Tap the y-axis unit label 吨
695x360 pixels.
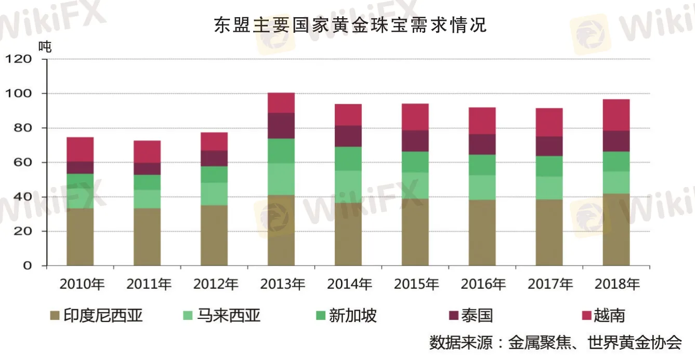pyautogui.click(x=45, y=46)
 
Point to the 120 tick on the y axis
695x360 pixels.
pyautogui.click(x=24, y=59)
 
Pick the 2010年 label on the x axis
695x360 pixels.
pyautogui.click(x=82, y=284)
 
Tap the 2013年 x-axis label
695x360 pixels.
pyautogui.click(x=283, y=284)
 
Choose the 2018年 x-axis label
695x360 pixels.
pyautogui.click(x=617, y=284)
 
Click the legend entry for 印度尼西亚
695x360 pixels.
pyautogui.click(x=97, y=315)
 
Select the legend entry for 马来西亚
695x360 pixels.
pyautogui.click(x=222, y=315)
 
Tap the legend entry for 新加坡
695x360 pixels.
pyautogui.click(x=346, y=315)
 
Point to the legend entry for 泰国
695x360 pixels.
pyautogui.click(x=470, y=315)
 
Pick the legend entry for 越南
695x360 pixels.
pyautogui.click(x=603, y=315)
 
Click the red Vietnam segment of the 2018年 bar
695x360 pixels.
pyautogui.click(x=616, y=115)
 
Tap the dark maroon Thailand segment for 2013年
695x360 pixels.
pyautogui.click(x=281, y=126)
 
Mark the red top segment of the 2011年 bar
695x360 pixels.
pyautogui.click(x=147, y=152)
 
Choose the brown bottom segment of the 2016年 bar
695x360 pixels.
pyautogui.click(x=482, y=233)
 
